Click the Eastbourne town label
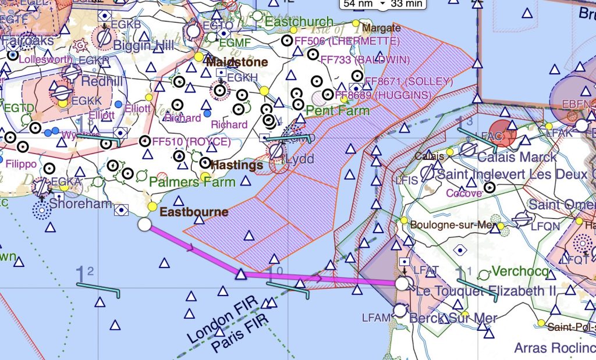[x=194, y=212]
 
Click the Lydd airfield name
[x=300, y=159]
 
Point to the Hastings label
[x=236, y=165]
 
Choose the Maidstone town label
[x=237, y=62]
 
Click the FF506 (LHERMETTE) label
[x=347, y=41]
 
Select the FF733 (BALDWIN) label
[x=365, y=60]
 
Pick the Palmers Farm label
[x=192, y=182]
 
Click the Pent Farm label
[x=338, y=110]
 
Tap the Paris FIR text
[x=240, y=336]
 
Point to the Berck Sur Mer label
[x=454, y=318]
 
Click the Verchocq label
[x=520, y=272]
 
